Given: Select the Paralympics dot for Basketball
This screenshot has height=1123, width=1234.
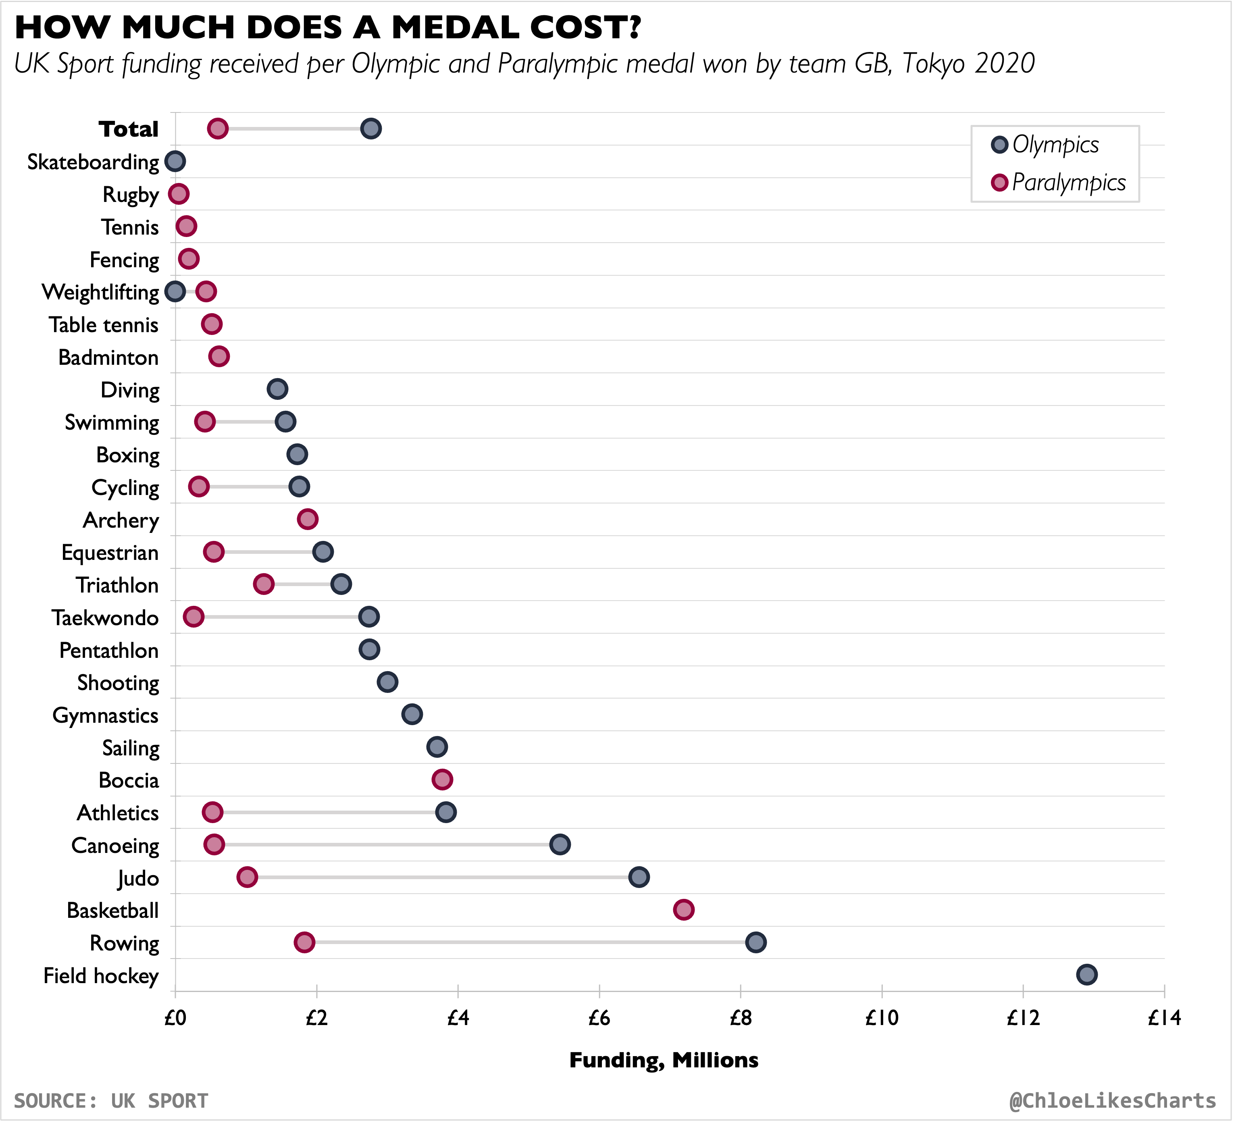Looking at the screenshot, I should tap(684, 909).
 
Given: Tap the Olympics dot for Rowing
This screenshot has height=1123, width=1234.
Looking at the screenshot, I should tap(756, 942).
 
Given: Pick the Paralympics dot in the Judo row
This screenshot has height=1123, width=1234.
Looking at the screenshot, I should tap(247, 877).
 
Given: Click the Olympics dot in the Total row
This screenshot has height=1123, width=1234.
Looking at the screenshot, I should tap(371, 129).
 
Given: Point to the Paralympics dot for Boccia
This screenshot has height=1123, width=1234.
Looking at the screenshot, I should tap(442, 779).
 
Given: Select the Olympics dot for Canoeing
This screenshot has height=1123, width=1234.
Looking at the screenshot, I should tap(560, 844).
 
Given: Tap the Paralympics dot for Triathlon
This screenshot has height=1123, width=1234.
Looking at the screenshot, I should tap(263, 584).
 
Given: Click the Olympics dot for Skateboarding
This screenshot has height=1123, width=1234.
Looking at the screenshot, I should tap(175, 162).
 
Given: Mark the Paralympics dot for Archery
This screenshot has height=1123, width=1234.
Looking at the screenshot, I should tap(307, 519).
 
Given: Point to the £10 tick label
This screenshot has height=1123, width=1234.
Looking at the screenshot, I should tap(881, 1018).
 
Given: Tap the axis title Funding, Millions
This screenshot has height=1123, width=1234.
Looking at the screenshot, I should tap(664, 1060).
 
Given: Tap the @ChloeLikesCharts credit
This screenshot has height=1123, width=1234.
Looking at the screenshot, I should tap(1112, 1100).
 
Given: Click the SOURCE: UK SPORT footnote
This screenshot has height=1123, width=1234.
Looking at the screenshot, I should tap(111, 1100).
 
